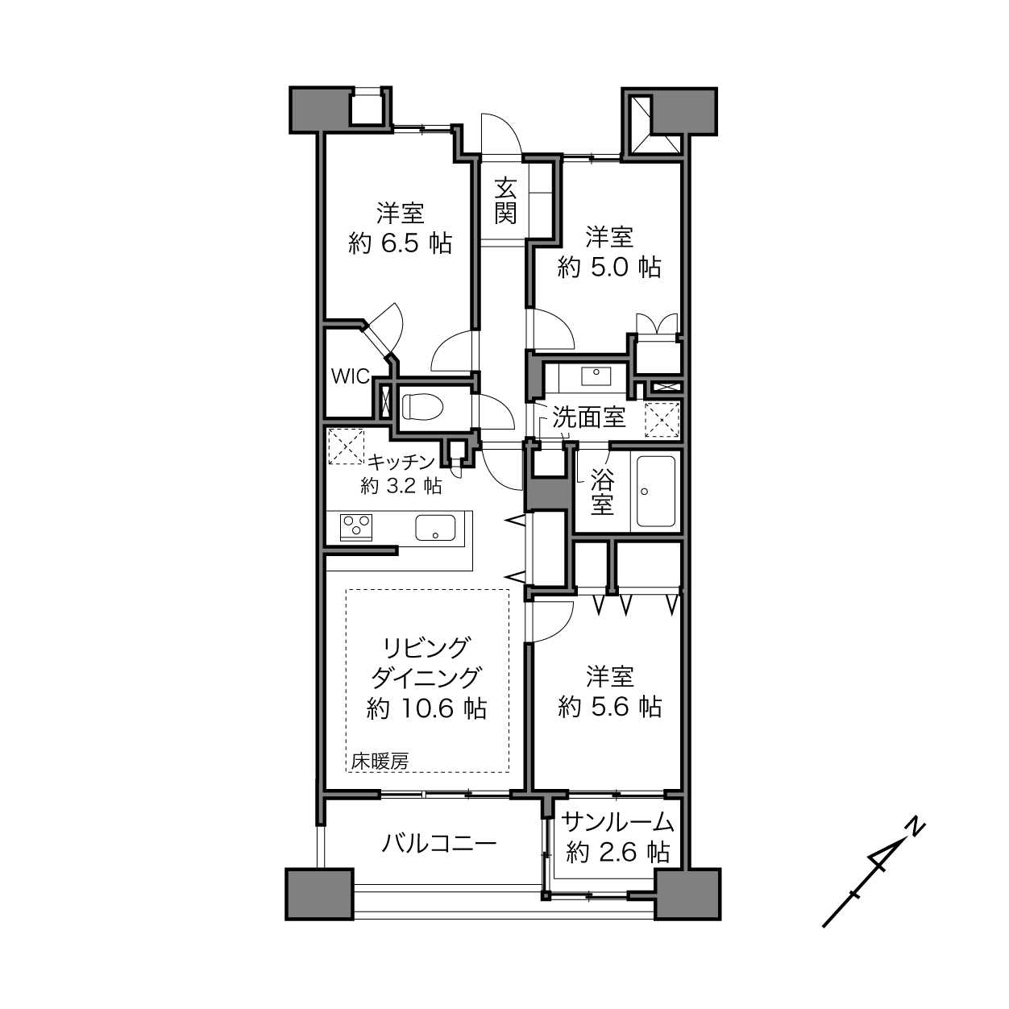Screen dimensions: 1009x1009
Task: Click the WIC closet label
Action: click(x=351, y=376)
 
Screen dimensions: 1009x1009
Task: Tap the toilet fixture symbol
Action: click(x=422, y=407)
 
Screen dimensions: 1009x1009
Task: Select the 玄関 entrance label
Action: click(x=506, y=201)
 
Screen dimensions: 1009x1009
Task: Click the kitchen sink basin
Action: click(x=435, y=527)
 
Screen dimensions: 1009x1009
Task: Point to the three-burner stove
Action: click(x=356, y=527)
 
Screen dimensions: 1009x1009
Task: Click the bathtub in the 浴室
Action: click(x=655, y=491)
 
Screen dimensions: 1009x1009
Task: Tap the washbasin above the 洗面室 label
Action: click(x=596, y=376)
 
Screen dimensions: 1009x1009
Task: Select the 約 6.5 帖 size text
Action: click(x=400, y=243)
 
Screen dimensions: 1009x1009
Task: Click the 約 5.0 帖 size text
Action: click(x=609, y=268)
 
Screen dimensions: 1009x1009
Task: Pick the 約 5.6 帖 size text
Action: click(x=610, y=707)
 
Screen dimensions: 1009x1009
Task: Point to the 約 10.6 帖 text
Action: click(x=427, y=708)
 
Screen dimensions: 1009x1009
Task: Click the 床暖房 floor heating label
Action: click(x=380, y=762)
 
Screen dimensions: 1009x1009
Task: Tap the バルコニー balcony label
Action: click(x=438, y=844)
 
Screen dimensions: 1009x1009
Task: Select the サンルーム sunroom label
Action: click(x=618, y=823)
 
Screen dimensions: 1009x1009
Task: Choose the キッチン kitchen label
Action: click(x=401, y=461)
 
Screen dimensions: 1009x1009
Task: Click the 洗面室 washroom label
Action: click(x=589, y=417)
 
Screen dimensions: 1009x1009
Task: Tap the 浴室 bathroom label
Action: click(x=602, y=492)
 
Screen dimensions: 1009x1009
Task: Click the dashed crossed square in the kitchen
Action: click(x=346, y=446)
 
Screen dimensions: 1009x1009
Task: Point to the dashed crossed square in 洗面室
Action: click(x=662, y=420)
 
